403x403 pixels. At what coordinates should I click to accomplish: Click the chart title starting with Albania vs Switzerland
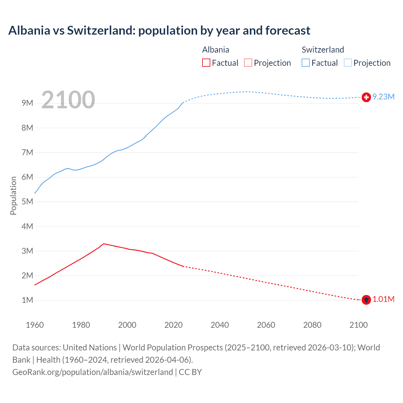click(159, 31)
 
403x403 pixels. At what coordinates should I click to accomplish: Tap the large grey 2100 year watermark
click(68, 100)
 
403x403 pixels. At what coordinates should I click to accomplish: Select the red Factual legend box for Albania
click(206, 63)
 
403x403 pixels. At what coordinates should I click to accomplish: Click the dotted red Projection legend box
click(248, 63)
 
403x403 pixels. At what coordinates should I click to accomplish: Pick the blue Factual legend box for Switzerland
click(306, 63)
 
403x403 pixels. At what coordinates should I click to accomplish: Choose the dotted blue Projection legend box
click(348, 63)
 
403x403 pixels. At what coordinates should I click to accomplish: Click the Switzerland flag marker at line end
click(366, 97)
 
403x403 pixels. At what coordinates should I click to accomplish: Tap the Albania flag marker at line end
click(366, 300)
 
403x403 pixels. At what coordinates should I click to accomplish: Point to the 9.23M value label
click(383, 97)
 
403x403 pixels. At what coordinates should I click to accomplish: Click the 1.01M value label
click(383, 299)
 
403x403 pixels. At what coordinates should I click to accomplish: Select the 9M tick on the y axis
click(27, 103)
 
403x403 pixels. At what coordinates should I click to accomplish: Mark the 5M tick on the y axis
click(27, 201)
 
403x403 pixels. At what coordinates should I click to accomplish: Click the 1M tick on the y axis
click(27, 300)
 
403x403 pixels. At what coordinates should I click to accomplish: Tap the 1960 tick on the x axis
click(35, 325)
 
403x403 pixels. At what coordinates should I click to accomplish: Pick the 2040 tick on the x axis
click(220, 325)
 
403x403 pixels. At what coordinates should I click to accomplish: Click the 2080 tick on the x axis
click(312, 325)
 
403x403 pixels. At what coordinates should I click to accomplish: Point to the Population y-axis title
click(13, 196)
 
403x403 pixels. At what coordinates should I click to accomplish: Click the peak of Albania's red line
click(104, 244)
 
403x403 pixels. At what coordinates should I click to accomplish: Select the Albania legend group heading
click(216, 50)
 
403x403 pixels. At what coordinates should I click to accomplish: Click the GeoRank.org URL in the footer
click(93, 372)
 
